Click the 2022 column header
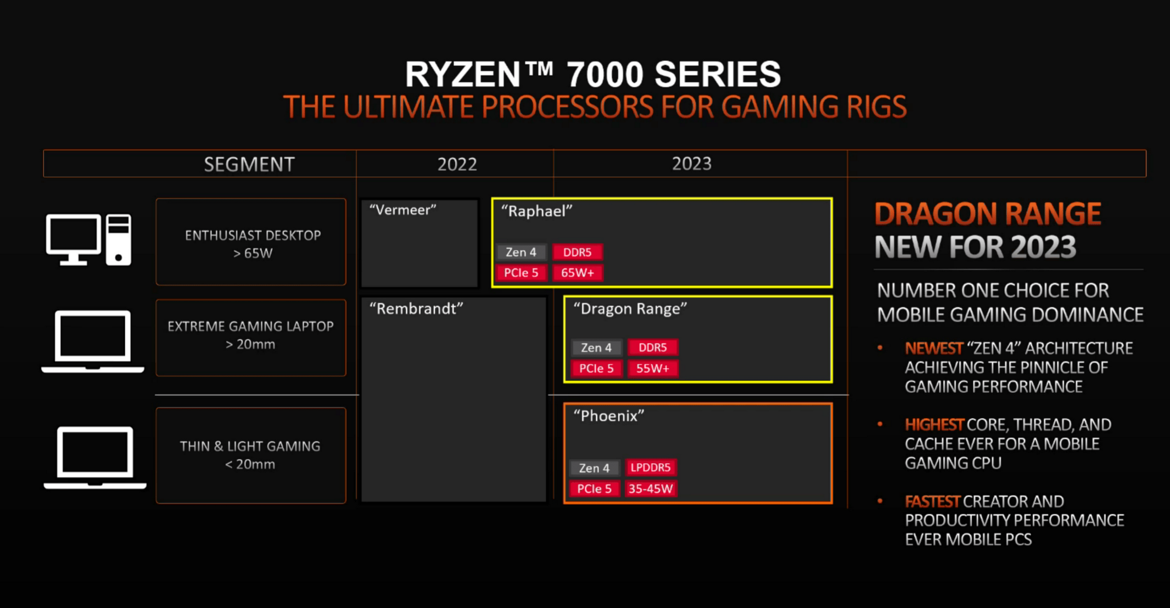click(457, 164)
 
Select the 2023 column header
click(692, 164)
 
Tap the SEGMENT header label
click(249, 164)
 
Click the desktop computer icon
click(89, 240)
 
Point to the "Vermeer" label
click(403, 210)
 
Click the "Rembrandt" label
click(416, 308)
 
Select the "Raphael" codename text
click(537, 211)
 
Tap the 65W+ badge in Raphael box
click(578, 273)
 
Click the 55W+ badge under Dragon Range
click(653, 368)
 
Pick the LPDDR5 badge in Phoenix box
click(651, 468)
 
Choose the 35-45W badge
click(651, 489)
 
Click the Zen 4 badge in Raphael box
click(521, 252)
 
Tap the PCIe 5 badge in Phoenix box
click(594, 489)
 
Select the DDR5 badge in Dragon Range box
click(653, 347)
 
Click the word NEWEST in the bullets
click(934, 348)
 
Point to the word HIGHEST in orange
click(934, 425)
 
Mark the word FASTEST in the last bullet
click(932, 502)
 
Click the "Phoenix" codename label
click(609, 416)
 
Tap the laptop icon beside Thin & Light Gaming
click(95, 458)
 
